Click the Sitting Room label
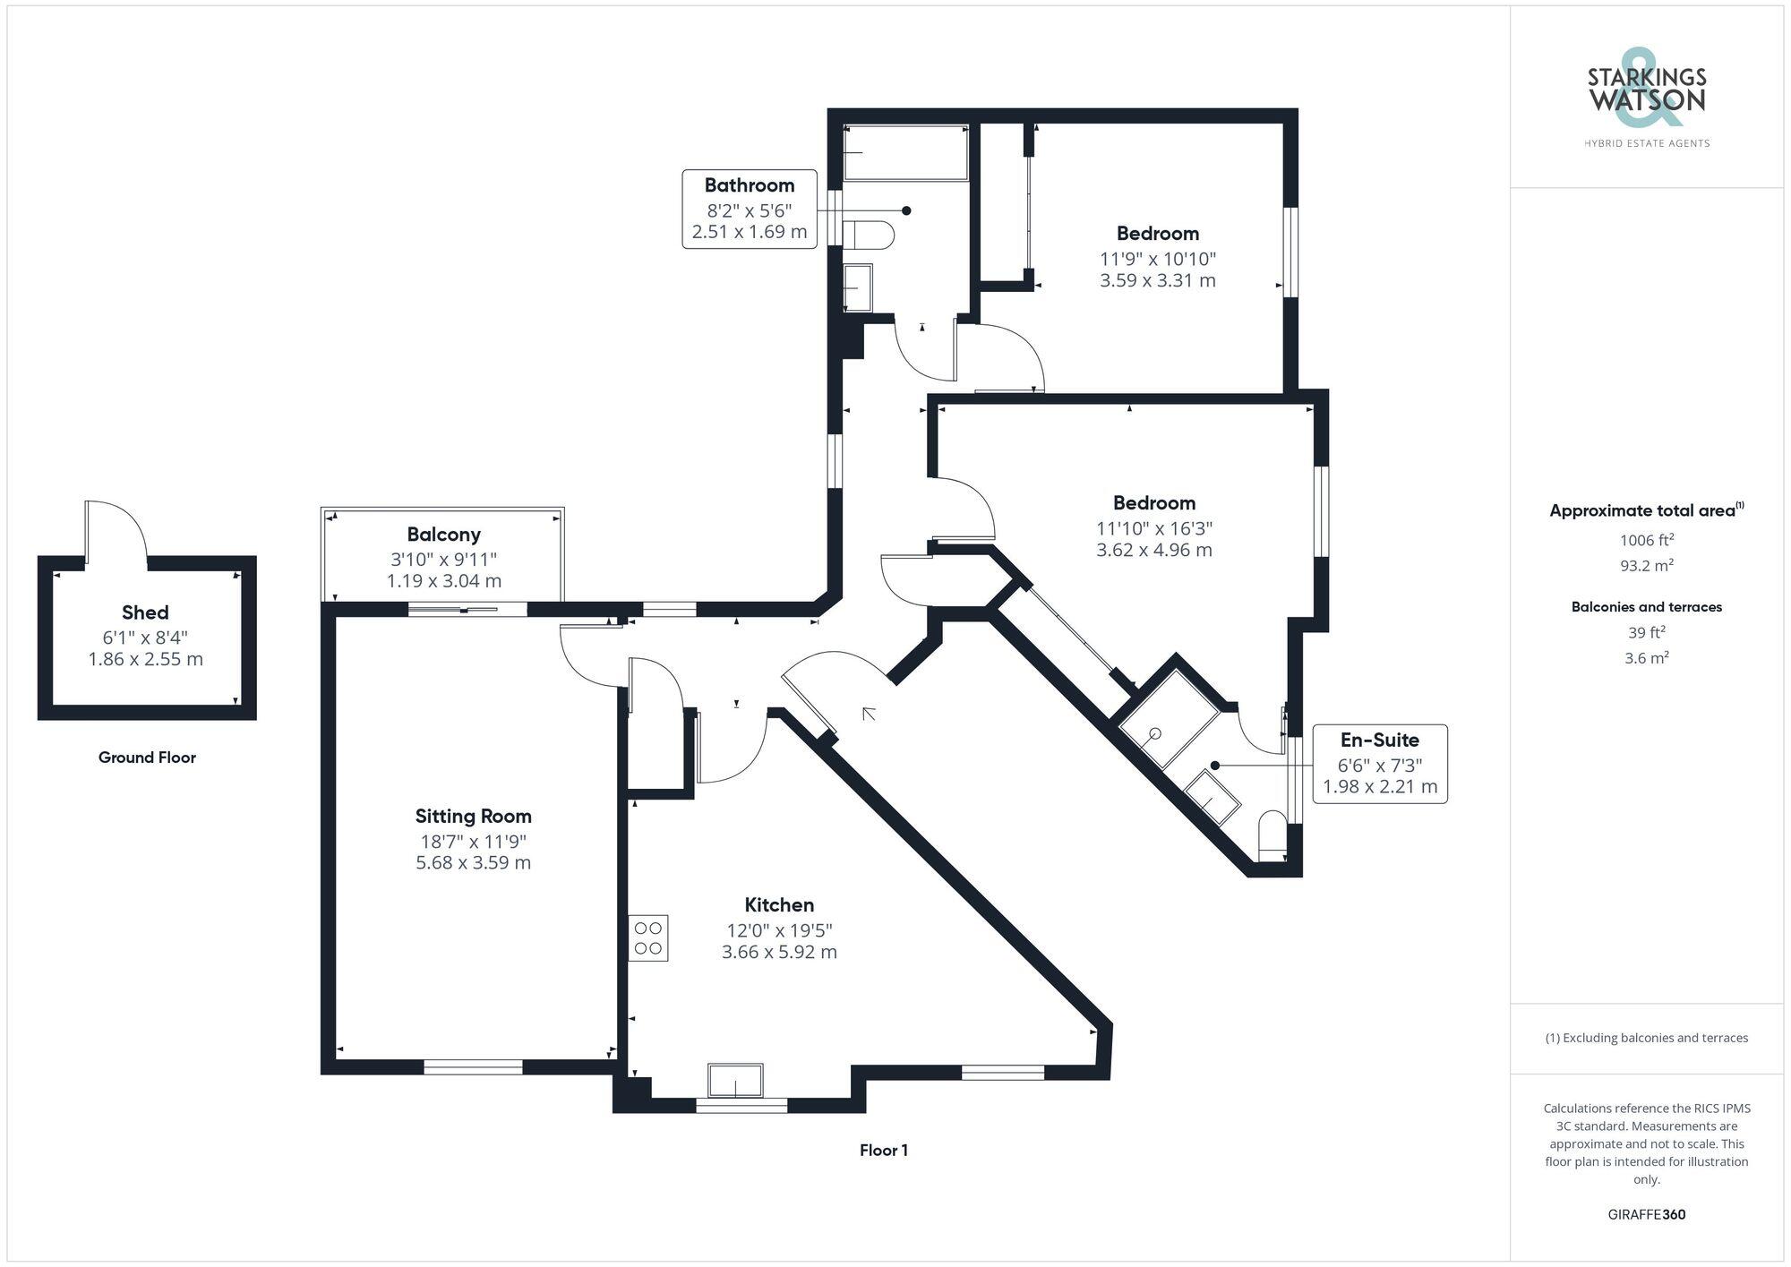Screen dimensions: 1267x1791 473,816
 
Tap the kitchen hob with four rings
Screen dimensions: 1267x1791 647,937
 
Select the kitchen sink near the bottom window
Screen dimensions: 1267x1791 735,1080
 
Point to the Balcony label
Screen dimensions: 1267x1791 443,535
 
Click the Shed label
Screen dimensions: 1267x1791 145,612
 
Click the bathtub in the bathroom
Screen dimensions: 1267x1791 905,153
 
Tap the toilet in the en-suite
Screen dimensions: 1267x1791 1272,835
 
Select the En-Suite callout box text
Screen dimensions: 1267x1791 1379,741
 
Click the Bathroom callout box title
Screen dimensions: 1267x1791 749,185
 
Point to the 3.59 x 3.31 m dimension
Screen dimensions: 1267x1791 1157,280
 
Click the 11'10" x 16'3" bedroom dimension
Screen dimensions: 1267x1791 1153,528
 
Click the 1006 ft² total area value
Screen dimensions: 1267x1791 1646,540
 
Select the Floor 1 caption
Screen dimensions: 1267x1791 883,1151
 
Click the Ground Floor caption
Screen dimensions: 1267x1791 147,758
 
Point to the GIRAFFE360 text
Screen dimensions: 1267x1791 1646,1215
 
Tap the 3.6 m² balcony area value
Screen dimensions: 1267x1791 1646,658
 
